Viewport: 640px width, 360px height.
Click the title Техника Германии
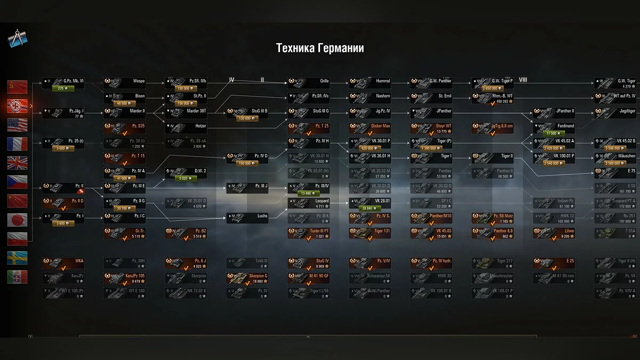tap(320, 48)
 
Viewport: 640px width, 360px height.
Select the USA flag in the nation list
tap(17, 125)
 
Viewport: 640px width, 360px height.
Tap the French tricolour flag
tap(17, 144)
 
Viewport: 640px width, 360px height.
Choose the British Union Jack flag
tap(17, 163)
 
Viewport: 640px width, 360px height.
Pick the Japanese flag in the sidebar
tap(17, 220)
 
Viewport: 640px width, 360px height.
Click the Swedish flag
tap(17, 258)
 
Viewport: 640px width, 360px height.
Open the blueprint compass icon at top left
tap(17, 39)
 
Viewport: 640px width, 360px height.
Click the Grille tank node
tap(310, 82)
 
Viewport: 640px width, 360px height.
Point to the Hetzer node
tap(187, 126)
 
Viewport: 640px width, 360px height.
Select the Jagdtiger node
tap(617, 111)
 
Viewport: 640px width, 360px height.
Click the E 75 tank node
tap(617, 172)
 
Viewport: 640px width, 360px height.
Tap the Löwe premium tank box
tap(555, 233)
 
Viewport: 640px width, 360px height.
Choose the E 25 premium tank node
tap(555, 263)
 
